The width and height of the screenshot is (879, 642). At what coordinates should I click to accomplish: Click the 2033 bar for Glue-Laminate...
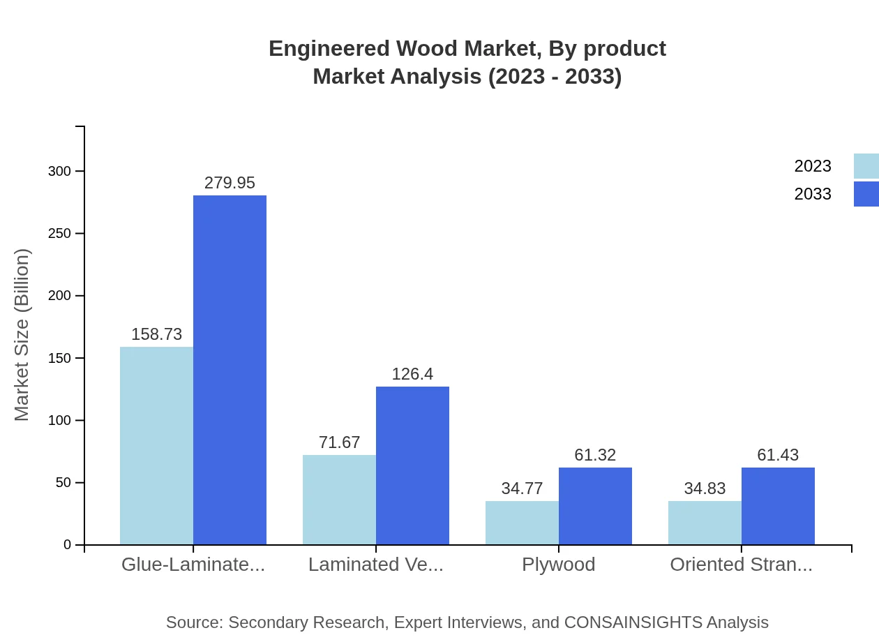(230, 370)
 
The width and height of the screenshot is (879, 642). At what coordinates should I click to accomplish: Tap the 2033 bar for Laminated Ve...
(412, 465)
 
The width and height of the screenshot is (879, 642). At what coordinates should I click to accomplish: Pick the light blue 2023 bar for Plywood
(522, 523)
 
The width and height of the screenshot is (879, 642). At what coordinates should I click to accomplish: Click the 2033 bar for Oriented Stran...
(778, 506)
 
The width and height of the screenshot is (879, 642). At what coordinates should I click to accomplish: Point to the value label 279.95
(230, 183)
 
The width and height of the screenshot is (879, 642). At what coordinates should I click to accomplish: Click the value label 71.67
(339, 442)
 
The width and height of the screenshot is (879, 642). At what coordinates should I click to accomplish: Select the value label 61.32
(595, 455)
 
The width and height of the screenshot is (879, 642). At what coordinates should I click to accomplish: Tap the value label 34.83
(705, 488)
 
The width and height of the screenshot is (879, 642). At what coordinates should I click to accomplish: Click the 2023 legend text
(812, 166)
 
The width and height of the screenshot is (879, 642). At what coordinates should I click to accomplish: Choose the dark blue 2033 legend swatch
(866, 194)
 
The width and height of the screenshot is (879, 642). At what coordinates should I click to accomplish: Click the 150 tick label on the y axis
(60, 358)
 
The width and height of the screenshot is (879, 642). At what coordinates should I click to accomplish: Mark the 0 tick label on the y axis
(68, 545)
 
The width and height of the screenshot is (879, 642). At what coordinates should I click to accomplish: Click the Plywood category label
(558, 565)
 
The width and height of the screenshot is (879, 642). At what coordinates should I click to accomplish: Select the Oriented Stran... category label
(741, 565)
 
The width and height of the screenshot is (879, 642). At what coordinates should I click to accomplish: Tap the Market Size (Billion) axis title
(22, 335)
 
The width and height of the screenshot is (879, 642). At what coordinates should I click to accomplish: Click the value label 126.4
(412, 374)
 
